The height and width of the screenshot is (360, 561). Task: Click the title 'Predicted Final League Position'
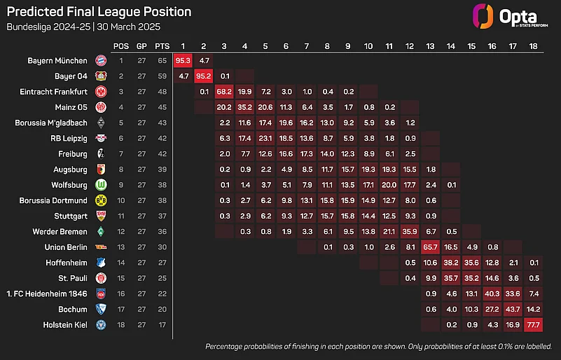click(x=98, y=12)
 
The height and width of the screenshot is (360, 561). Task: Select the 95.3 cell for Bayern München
click(x=182, y=60)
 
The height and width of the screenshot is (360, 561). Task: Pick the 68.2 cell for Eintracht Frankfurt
click(x=224, y=92)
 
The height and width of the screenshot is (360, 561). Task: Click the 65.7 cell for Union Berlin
click(x=430, y=247)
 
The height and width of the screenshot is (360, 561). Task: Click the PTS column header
click(x=162, y=46)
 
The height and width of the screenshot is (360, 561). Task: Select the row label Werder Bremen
click(x=59, y=231)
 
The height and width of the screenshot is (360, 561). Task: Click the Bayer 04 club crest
click(x=101, y=76)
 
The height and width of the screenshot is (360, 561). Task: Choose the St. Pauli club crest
click(x=101, y=278)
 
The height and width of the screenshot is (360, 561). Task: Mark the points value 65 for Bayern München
click(x=162, y=60)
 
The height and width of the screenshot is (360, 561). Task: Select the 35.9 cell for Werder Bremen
click(x=409, y=231)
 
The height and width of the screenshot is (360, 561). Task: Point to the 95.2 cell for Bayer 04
click(x=203, y=76)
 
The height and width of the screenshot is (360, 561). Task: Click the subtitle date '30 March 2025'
click(x=127, y=27)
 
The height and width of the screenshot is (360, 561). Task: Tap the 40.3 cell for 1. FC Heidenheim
click(x=492, y=293)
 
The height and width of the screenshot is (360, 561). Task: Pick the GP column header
click(x=142, y=46)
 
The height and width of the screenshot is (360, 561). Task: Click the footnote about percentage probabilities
click(x=379, y=347)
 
